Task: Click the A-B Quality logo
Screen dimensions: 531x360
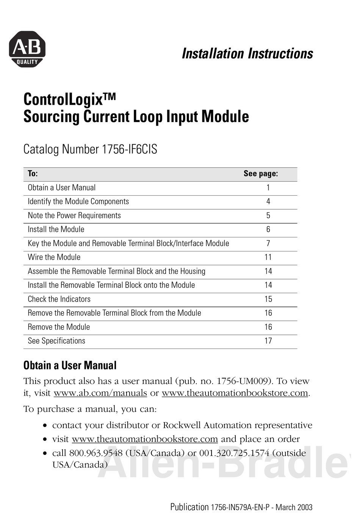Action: point(27,49)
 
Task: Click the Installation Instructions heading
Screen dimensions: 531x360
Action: point(247,53)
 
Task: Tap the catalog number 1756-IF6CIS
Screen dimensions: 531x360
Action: point(129,149)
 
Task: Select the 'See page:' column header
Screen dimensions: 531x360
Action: point(261,174)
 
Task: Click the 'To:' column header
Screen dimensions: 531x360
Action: point(33,174)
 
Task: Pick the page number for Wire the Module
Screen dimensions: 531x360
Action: point(268,257)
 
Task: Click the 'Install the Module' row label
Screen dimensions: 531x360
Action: point(56,229)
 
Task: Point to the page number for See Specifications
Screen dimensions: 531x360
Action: point(268,341)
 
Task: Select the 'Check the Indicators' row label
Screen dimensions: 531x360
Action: point(59,299)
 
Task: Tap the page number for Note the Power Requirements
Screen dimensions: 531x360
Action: point(268,215)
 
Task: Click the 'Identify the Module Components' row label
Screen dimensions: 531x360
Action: point(78,201)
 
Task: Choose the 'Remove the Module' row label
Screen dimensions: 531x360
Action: point(59,327)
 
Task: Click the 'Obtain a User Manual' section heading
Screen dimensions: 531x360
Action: point(70,365)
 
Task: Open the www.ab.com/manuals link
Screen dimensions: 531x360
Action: point(100,393)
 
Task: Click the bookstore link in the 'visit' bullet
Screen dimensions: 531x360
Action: point(145,439)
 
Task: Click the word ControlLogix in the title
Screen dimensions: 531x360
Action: point(63,100)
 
